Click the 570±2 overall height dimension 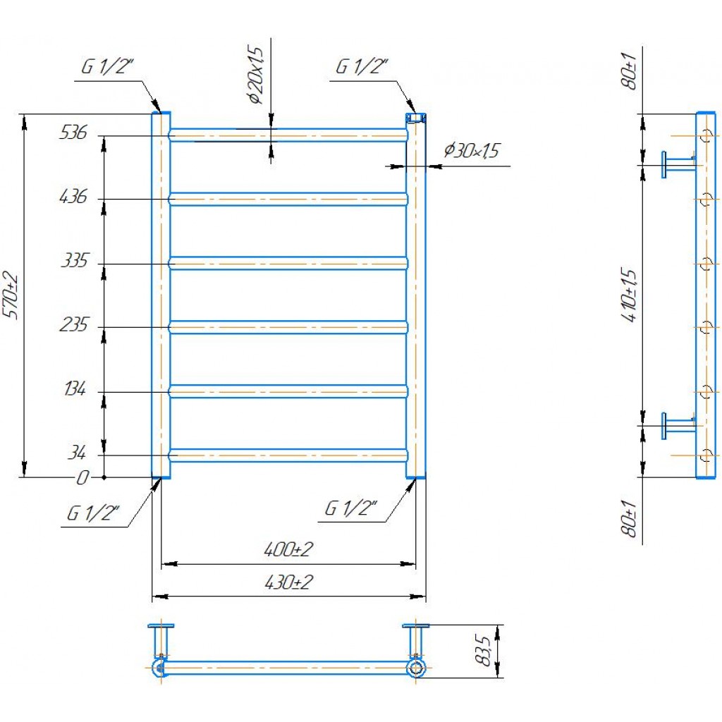11,295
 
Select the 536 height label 73,133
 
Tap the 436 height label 73,197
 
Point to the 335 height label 74,261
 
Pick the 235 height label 73,325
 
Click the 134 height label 75,389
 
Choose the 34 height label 76,453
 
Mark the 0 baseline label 82,478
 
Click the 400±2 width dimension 288,549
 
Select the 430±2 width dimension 288,582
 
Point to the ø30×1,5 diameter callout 472,151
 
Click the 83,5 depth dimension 482,650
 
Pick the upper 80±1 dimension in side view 629,71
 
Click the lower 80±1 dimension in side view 629,518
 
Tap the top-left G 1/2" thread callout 107,67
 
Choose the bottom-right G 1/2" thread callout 351,508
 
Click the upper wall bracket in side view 678,164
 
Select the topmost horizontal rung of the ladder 288,135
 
